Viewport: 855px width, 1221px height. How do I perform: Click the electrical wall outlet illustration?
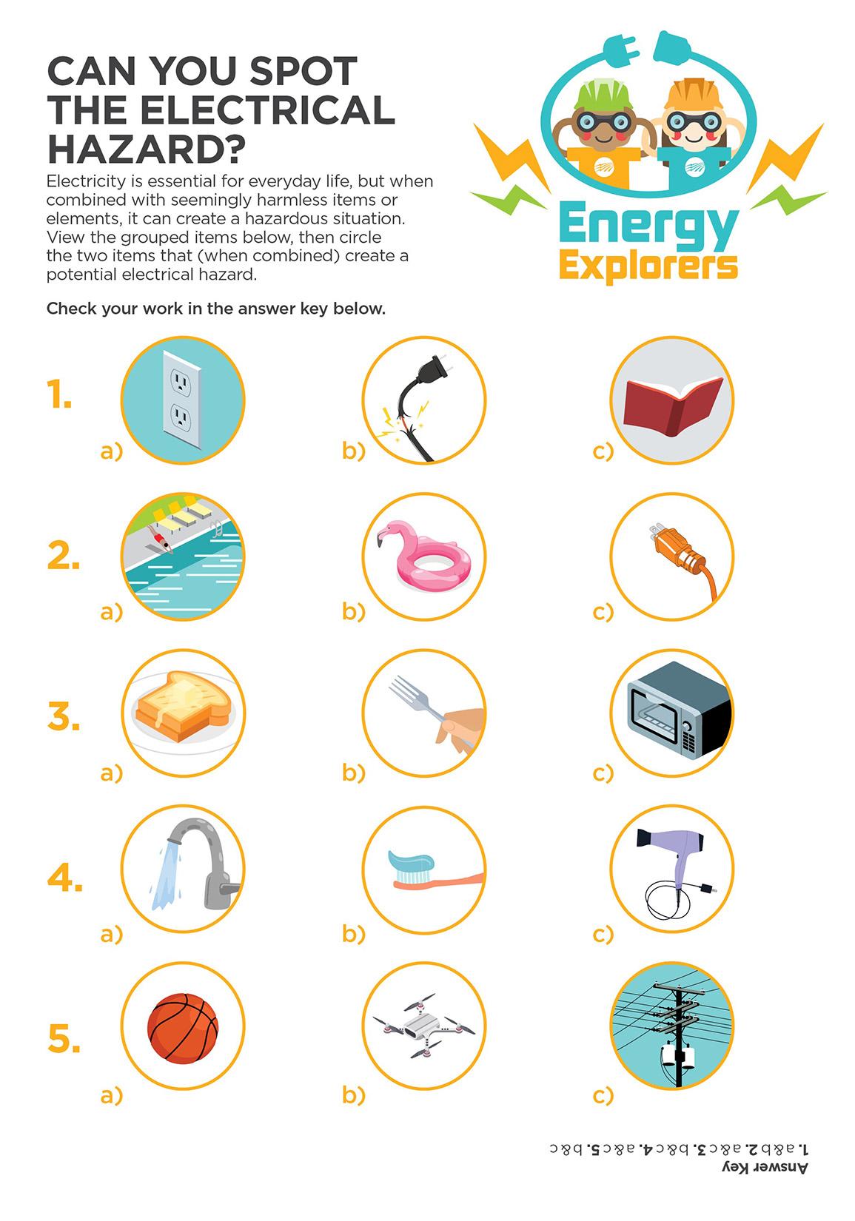click(182, 400)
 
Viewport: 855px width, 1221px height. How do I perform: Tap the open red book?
click(673, 405)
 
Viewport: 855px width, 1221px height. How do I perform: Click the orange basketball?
click(183, 1028)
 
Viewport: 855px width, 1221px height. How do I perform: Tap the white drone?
click(423, 1025)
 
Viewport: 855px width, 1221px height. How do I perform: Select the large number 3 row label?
click(63, 717)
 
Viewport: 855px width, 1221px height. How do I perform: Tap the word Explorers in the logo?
click(648, 266)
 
